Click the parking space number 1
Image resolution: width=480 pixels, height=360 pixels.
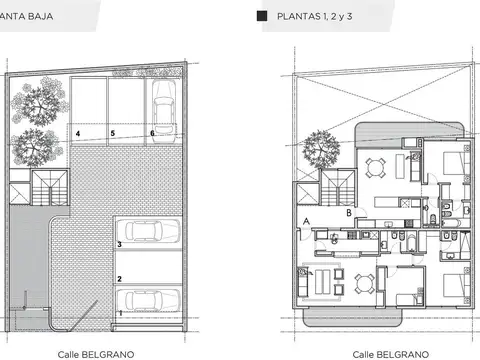tap(121, 313)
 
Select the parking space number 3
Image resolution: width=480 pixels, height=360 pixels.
tap(120, 243)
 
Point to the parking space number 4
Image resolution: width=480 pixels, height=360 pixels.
tap(77, 133)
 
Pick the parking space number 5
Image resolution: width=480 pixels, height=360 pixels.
tap(113, 133)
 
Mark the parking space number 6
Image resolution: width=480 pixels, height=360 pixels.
tap(152, 133)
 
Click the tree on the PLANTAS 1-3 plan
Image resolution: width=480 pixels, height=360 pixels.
tap(326, 148)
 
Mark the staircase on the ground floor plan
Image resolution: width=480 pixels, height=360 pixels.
tap(50, 190)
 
